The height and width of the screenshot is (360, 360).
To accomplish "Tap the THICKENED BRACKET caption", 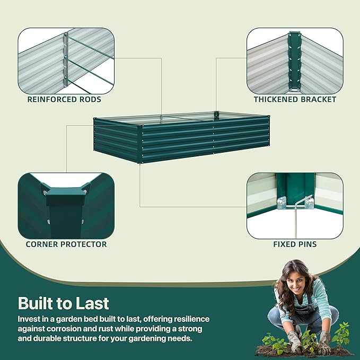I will click(x=295, y=99).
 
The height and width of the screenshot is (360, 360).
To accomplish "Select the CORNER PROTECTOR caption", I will click(x=66, y=244).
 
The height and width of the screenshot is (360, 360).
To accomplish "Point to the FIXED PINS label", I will click(x=295, y=244).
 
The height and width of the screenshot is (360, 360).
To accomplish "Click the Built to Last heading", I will click(x=64, y=303).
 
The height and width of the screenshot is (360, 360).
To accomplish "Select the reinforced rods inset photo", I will click(x=66, y=59).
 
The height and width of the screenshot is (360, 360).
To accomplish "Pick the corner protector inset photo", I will click(x=66, y=205).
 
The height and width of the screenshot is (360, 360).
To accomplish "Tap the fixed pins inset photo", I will click(x=295, y=205).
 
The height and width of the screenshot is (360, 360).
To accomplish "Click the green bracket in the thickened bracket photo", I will click(x=295, y=58).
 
